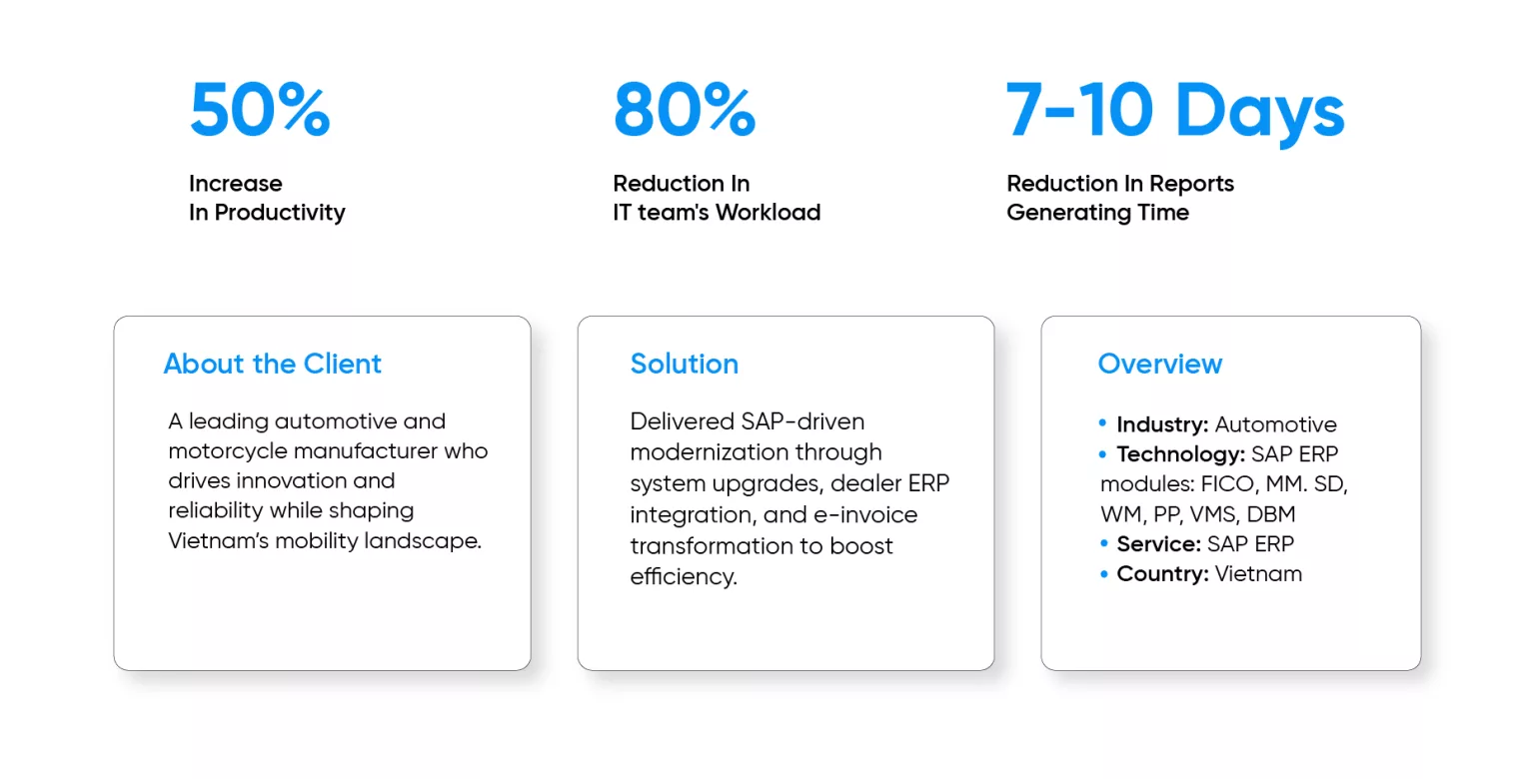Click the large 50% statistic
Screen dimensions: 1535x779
[261, 110]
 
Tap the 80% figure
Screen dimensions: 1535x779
[685, 110]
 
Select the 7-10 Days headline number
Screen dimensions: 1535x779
[1175, 112]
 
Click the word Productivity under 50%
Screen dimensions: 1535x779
[280, 213]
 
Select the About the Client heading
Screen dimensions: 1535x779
[272, 364]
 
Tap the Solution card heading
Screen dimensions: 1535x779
[684, 364]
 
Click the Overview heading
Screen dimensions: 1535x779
[1159, 364]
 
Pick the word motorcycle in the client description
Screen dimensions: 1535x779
[228, 451]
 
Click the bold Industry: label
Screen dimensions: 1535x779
[1162, 424]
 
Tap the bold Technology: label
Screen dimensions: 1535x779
[1180, 454]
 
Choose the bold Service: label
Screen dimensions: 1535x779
[1159, 544]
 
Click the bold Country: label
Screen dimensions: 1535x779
[1163, 573]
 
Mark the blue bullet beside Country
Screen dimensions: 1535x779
[1103, 573]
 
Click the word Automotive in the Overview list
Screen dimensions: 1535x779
[1275, 424]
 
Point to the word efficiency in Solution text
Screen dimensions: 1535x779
[684, 576]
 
